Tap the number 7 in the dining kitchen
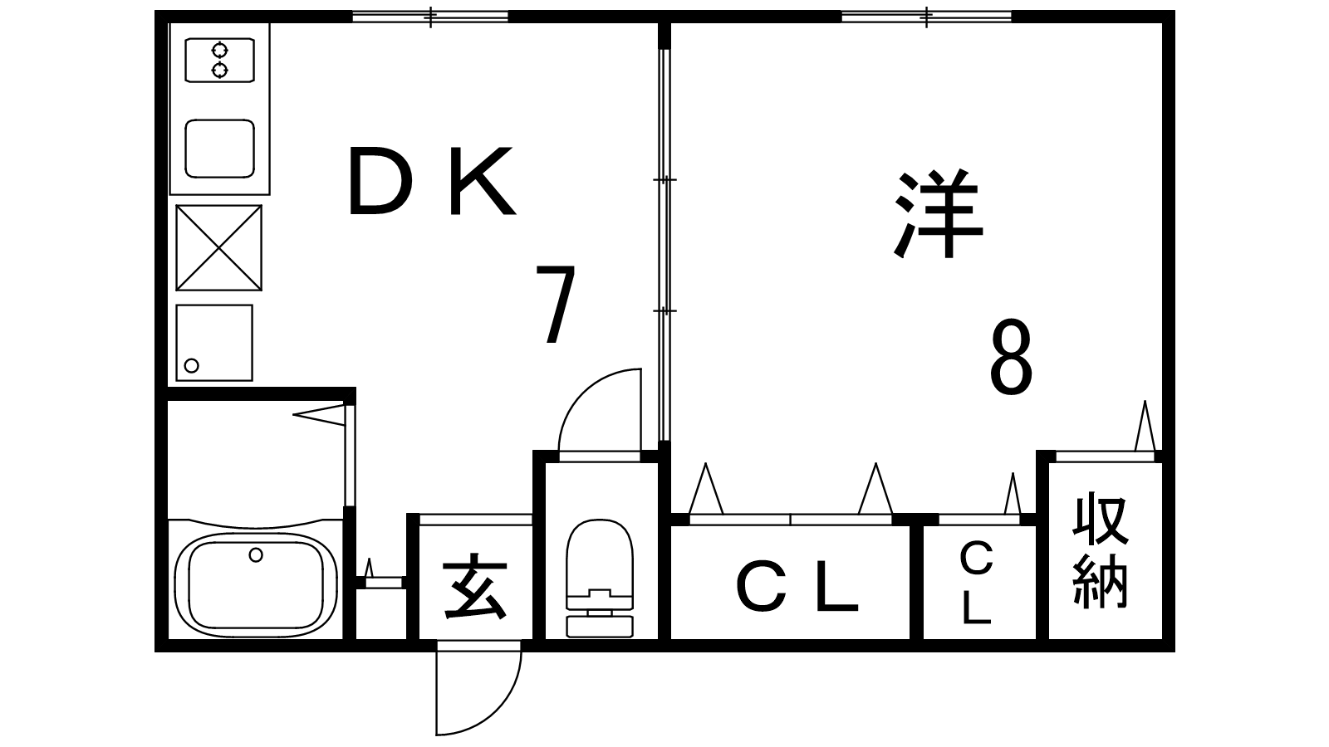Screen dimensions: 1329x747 pyautogui.click(x=556, y=304)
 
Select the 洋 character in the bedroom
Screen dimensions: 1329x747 pyautogui.click(x=938, y=214)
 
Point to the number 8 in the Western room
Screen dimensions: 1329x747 pyautogui.click(x=1011, y=357)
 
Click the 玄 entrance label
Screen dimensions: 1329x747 pyautogui.click(x=475, y=587)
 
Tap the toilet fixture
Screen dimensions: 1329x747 pyautogui.click(x=599, y=579)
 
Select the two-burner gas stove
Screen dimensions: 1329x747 pyautogui.click(x=219, y=60)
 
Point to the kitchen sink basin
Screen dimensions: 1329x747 pyautogui.click(x=219, y=149)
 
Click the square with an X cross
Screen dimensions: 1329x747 pyautogui.click(x=219, y=248)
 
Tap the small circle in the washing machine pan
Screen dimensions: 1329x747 pyautogui.click(x=191, y=365)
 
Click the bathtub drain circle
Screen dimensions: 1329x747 pyautogui.click(x=256, y=555)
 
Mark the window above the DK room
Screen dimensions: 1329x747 pyautogui.click(x=431, y=17)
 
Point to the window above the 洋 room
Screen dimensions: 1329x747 pyautogui.click(x=927, y=17)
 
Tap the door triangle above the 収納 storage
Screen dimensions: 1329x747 pyautogui.click(x=1145, y=426)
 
